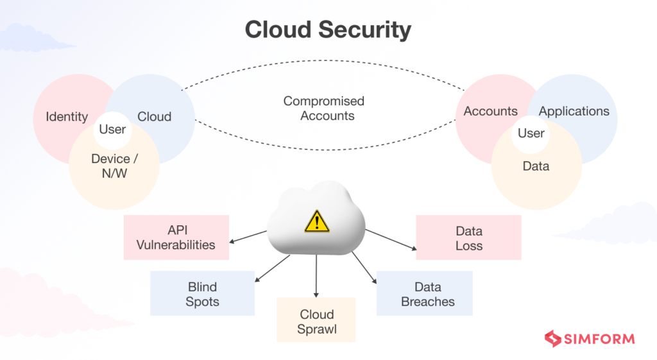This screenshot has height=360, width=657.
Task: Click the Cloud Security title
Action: point(328,30)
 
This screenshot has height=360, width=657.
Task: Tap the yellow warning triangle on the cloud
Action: point(317,221)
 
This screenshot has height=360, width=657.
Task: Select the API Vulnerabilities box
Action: point(176,237)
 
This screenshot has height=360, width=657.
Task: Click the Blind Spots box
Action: point(202,293)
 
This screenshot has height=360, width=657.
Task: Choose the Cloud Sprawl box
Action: point(316,322)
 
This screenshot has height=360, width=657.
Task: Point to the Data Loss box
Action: point(468,238)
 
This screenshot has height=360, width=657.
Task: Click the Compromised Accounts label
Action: point(323,108)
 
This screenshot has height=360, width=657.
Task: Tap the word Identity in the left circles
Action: point(67,117)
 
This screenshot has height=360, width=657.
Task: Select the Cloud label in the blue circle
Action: point(155,117)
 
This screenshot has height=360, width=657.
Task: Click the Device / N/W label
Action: point(115,166)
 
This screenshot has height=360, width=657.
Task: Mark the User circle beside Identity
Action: point(112,130)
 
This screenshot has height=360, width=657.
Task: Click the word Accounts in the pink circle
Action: point(490,111)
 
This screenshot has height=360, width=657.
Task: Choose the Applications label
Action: point(574,111)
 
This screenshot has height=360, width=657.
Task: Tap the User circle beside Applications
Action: point(531,133)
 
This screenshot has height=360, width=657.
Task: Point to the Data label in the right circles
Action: point(536,166)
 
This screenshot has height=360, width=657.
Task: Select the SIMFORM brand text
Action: point(600,339)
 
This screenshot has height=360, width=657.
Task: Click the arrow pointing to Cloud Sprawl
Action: point(316,276)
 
